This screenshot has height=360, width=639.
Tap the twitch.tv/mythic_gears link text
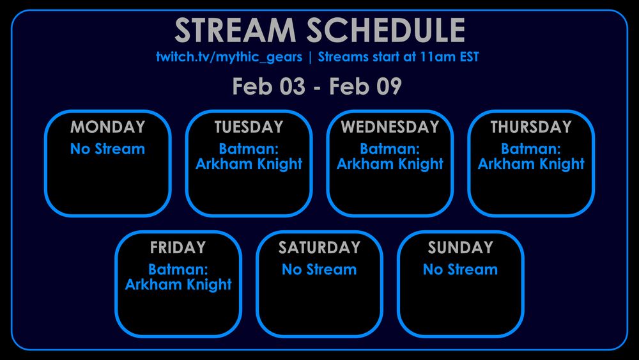point(228,57)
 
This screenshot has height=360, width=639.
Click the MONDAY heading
point(107,127)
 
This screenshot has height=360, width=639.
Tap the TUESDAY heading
point(249,127)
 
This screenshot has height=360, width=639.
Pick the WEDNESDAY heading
point(390,127)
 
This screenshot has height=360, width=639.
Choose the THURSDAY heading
point(531,127)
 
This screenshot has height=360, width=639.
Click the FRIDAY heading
point(178,247)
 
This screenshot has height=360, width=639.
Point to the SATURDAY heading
point(319,247)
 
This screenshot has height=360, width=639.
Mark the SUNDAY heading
point(460,247)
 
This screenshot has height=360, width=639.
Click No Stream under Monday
point(107,150)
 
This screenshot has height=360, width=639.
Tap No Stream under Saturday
point(319,270)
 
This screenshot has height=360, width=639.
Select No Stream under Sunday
point(460,270)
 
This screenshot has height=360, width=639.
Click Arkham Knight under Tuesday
point(249,164)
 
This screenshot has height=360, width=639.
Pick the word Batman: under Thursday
point(531,150)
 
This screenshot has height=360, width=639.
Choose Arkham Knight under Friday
point(178,285)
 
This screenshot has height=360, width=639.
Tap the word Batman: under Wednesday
point(390,150)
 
